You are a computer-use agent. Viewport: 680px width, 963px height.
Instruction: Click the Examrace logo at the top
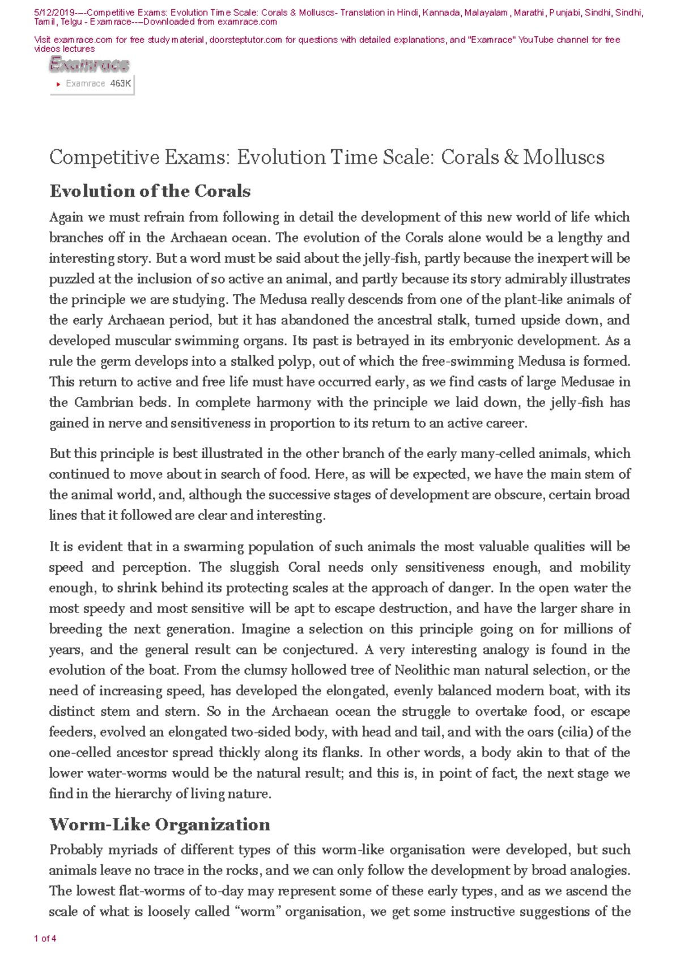90,65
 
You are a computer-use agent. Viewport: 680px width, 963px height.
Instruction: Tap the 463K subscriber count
121,83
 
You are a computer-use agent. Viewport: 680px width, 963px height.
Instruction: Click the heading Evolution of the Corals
150,191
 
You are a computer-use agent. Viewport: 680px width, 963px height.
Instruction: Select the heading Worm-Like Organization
160,824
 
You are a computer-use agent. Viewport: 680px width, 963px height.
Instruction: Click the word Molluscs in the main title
564,157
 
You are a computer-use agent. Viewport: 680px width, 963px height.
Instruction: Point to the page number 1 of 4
45,939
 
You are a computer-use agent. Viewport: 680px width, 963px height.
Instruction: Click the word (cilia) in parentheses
575,732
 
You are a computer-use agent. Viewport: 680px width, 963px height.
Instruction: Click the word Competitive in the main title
104,157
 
